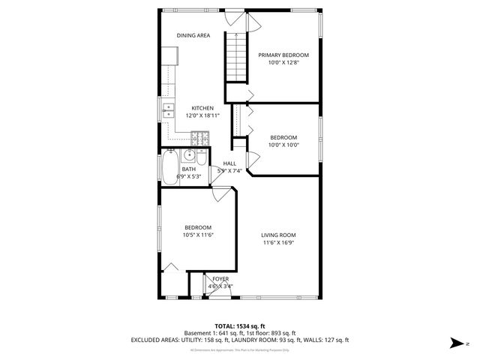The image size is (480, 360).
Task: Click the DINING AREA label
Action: pyautogui.click(x=193, y=35)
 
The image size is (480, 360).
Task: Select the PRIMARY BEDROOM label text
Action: pyautogui.click(x=283, y=55)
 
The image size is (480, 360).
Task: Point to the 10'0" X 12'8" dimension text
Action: pyautogui.click(x=283, y=62)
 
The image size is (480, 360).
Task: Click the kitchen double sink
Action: pyautogui.click(x=167, y=112)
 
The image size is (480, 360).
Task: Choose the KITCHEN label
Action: pyautogui.click(x=202, y=108)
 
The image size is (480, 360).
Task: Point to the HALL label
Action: pyautogui.click(x=229, y=163)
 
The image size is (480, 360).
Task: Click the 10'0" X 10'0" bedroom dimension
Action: pyautogui.click(x=283, y=145)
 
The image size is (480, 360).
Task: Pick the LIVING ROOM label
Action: pyautogui.click(x=278, y=235)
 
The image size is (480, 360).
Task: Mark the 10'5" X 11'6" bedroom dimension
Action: pyautogui.click(x=198, y=235)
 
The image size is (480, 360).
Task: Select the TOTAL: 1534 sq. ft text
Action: pyautogui.click(x=239, y=326)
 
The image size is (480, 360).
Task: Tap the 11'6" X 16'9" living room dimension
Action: pyautogui.click(x=278, y=242)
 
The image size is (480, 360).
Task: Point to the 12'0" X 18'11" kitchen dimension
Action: pyautogui.click(x=202, y=115)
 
